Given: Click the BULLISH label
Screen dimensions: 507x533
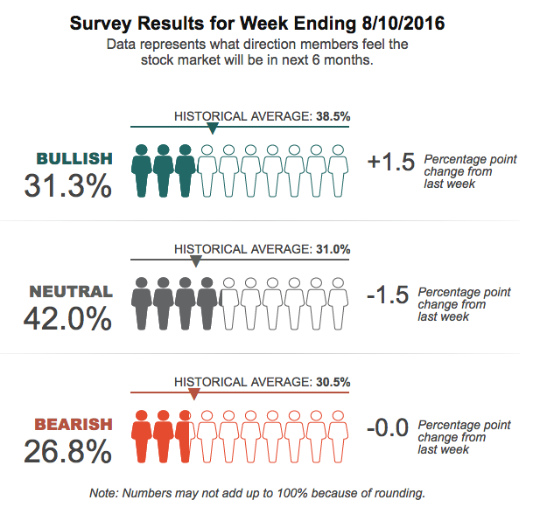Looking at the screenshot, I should pos(74,158).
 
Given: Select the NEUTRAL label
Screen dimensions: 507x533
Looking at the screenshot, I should pos(71,291).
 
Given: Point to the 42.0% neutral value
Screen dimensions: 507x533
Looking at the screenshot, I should pos(69,318).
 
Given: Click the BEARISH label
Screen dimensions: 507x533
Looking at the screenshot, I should pos(74,424).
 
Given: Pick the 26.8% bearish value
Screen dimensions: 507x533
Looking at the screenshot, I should pos(69,451).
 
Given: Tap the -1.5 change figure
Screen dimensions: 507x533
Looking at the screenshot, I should pos(388,295).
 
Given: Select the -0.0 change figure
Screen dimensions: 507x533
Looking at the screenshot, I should pos(388,428).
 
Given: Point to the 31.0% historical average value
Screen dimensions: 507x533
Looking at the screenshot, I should pos(333,249).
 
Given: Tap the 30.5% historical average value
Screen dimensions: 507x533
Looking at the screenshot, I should pos(333,382).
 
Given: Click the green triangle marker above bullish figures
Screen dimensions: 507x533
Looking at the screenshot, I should pos(212,128).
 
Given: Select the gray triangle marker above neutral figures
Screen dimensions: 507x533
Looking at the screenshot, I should pos(195,261).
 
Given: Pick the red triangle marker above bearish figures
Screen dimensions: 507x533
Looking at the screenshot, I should pos(193,394).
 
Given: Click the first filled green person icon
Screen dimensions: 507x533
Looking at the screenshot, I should pos(142,170).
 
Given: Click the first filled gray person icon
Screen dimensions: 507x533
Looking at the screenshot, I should pos(142,303).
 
